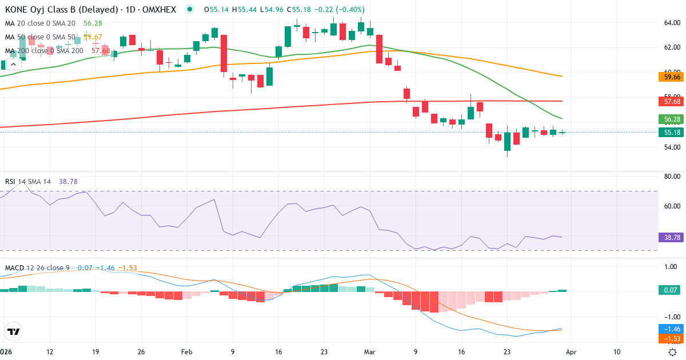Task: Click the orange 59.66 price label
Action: pyautogui.click(x=669, y=77)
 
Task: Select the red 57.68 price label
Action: pyautogui.click(x=669, y=101)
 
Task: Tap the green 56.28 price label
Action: pyautogui.click(x=669, y=119)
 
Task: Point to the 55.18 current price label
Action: pyautogui.click(x=669, y=133)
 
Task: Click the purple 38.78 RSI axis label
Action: pyautogui.click(x=669, y=237)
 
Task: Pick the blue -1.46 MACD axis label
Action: pyautogui.click(x=669, y=329)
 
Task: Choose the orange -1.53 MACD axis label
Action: pyautogui.click(x=669, y=339)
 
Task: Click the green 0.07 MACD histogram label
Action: pyautogui.click(x=669, y=290)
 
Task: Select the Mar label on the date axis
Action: pyautogui.click(x=370, y=352)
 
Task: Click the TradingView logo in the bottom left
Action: pyautogui.click(x=14, y=331)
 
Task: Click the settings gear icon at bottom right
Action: pyautogui.click(x=673, y=352)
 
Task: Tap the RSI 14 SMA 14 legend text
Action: pyautogui.click(x=27, y=182)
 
